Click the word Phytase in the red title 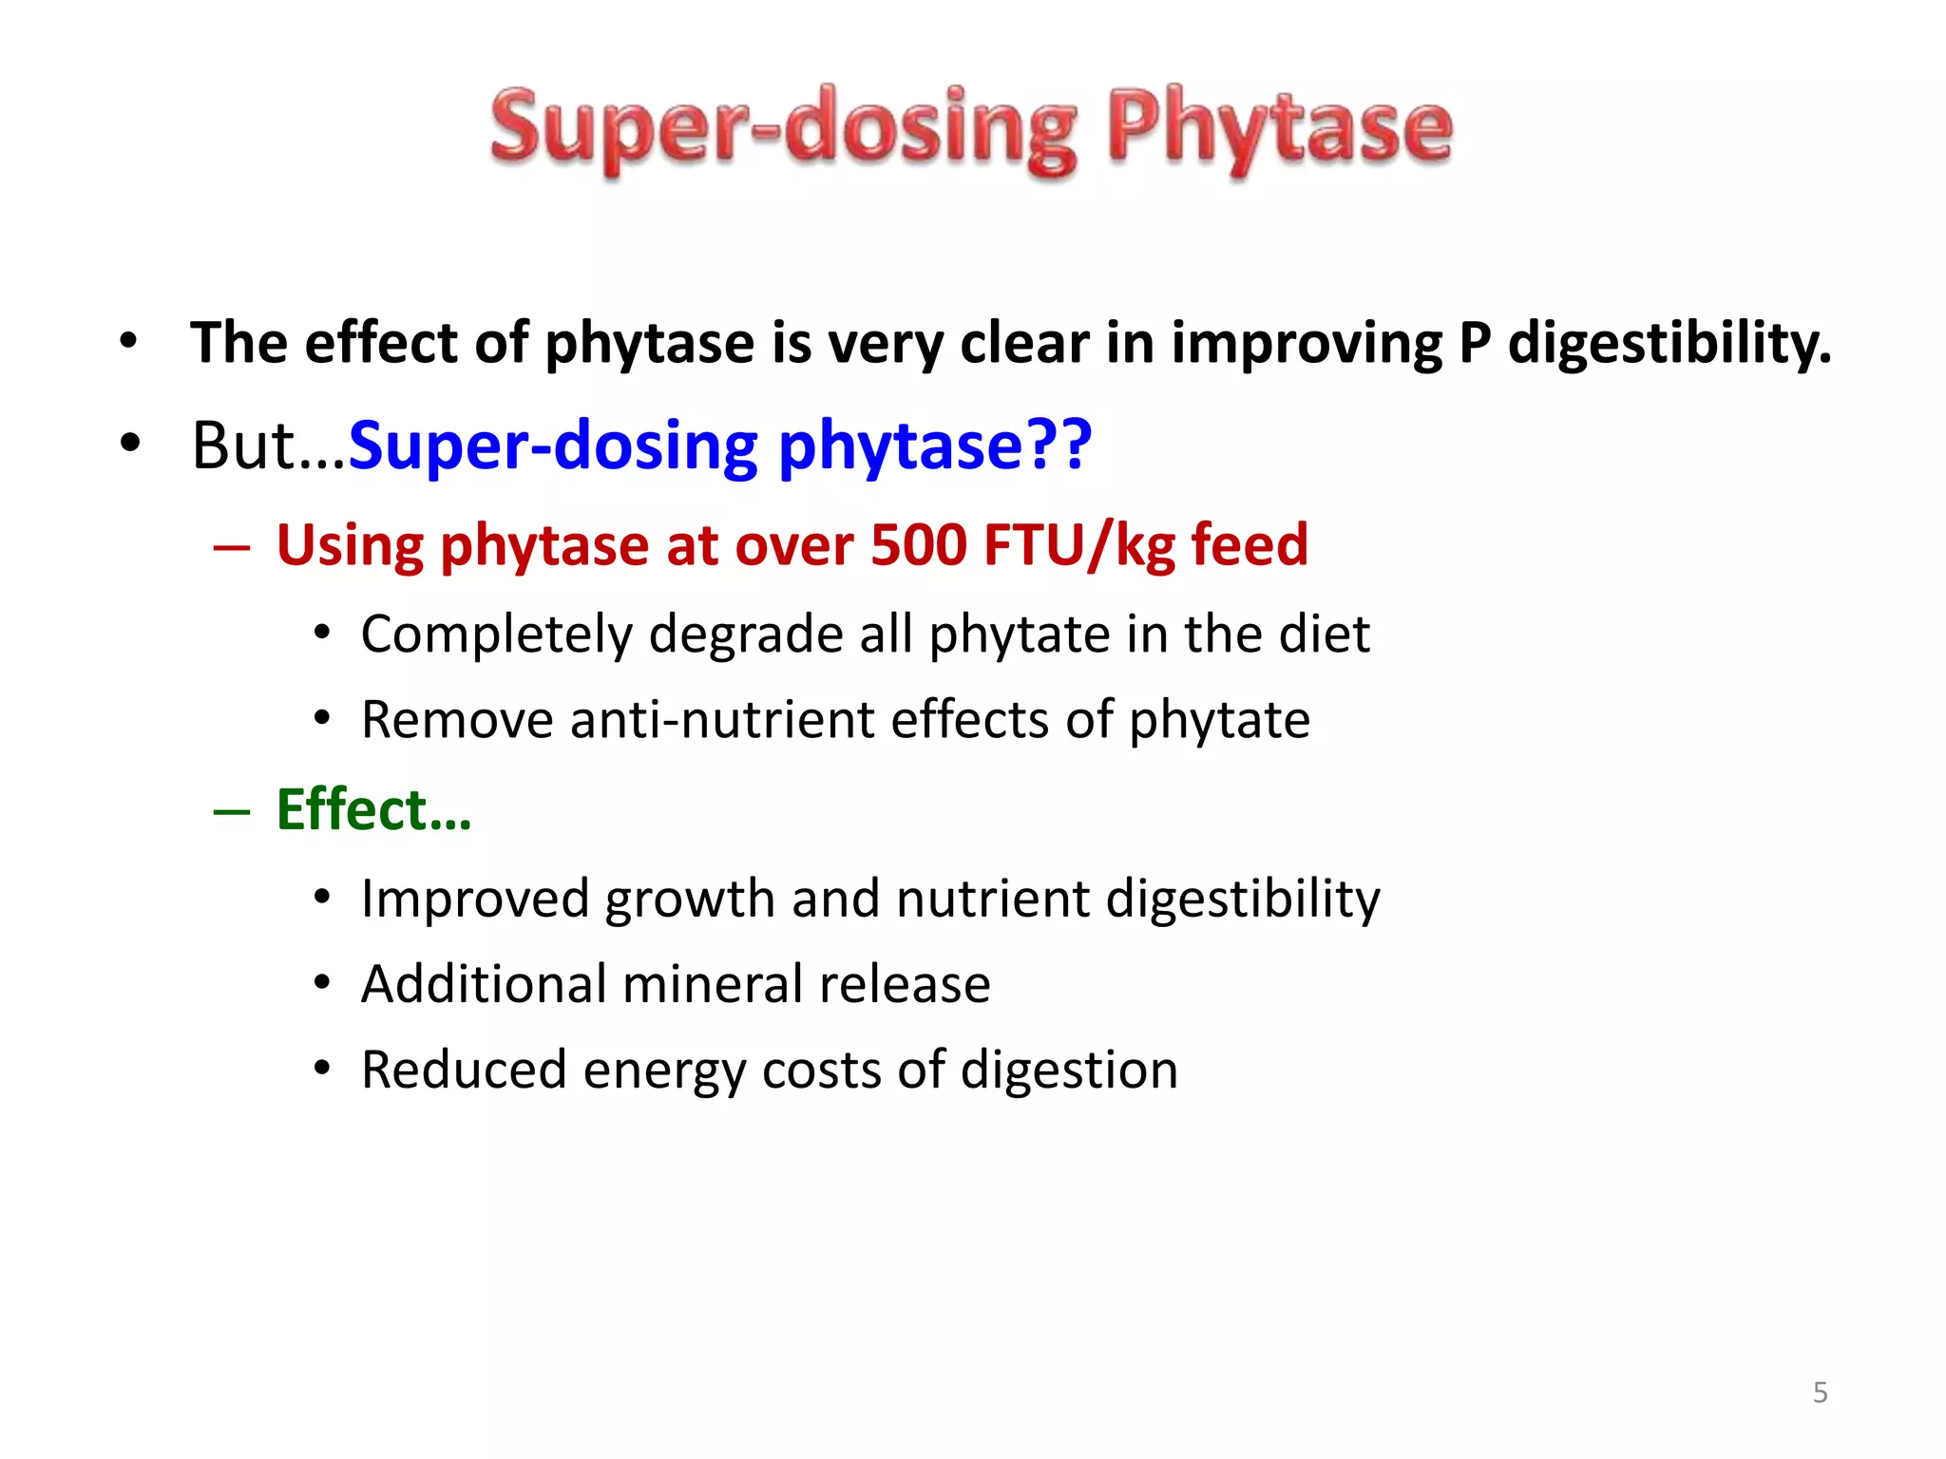click(x=1280, y=128)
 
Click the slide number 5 click(x=1820, y=1393)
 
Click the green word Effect click(x=352, y=810)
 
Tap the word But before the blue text click(x=244, y=445)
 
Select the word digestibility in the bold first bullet click(x=1669, y=343)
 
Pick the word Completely click(x=496, y=635)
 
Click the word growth click(x=689, y=899)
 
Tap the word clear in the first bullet click(x=1024, y=343)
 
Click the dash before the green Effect click(x=232, y=812)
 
